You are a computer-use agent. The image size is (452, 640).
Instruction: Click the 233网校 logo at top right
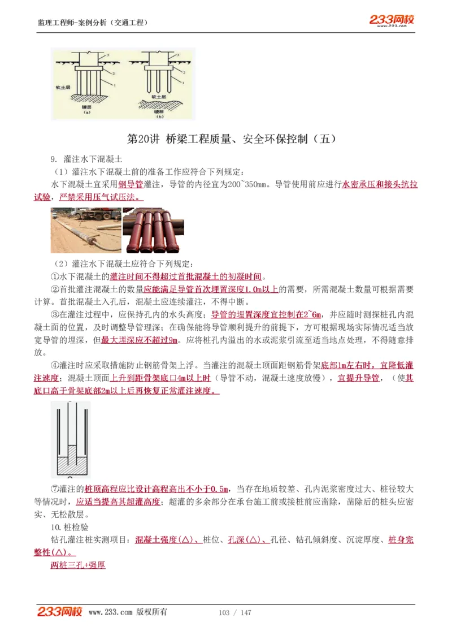(x=392, y=20)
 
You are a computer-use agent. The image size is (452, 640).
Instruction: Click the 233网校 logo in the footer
(x=59, y=612)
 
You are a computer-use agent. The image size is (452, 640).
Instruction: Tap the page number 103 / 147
(x=234, y=613)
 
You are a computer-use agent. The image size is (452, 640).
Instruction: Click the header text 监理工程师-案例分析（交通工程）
(x=93, y=23)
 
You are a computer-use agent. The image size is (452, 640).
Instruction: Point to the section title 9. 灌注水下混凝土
(x=86, y=160)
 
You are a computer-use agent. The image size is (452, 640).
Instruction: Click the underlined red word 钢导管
(x=129, y=184)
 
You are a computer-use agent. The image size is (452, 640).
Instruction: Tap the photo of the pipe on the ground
(x=86, y=230)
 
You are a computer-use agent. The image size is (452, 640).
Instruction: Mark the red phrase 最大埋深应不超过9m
(x=140, y=340)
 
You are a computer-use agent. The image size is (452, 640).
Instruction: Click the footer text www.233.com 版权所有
(x=128, y=612)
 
